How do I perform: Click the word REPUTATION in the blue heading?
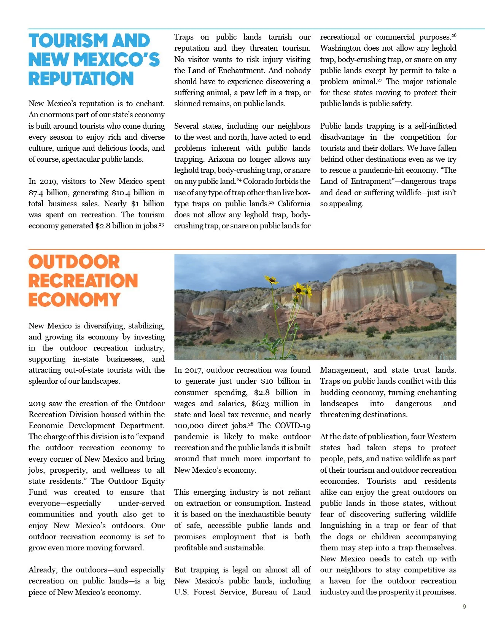pos(81,79)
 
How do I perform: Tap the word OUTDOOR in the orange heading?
pos(74,262)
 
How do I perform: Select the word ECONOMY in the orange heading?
pos(75,300)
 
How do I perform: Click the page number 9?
pos(464,607)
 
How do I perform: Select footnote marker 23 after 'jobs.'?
pos(161,224)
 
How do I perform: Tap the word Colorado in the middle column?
pos(259,182)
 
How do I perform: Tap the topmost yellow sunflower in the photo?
pos(272,280)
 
